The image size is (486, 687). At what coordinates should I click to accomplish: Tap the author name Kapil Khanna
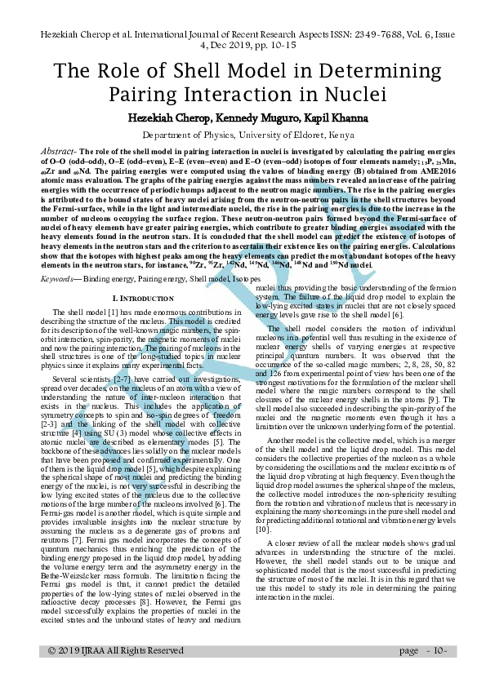[326, 117]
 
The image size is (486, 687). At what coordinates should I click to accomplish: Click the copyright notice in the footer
[116, 650]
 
